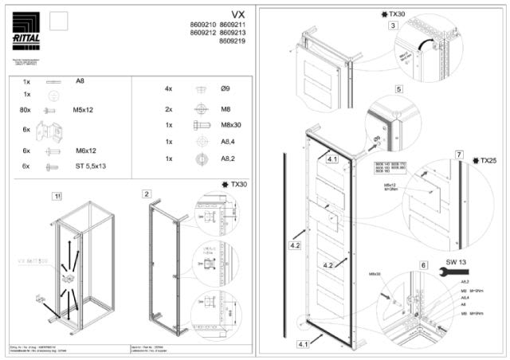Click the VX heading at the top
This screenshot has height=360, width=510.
[238, 14]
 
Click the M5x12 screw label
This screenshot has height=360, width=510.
[84, 110]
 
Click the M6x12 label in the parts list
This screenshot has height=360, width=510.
[84, 150]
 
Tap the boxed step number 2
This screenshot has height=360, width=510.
[147, 194]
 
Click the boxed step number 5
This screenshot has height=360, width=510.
[398, 88]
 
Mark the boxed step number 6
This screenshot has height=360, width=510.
[423, 265]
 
